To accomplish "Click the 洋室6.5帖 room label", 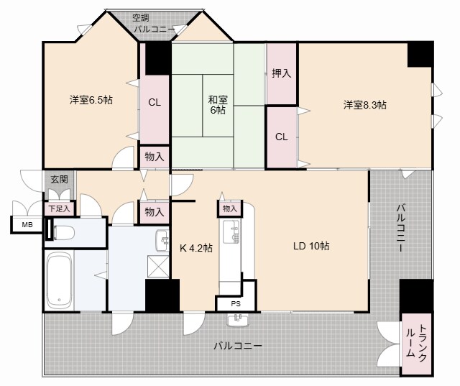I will click(91, 100).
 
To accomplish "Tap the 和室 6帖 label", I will click(218, 104).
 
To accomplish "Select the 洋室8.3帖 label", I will click(364, 105).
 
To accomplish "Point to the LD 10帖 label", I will click(311, 246).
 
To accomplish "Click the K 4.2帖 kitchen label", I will click(195, 248).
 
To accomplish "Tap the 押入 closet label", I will click(282, 73).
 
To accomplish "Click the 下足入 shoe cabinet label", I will click(59, 208).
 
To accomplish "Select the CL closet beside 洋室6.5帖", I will click(154, 102).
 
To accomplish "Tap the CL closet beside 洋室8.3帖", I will click(281, 137).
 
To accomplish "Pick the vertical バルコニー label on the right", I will click(400, 228).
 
